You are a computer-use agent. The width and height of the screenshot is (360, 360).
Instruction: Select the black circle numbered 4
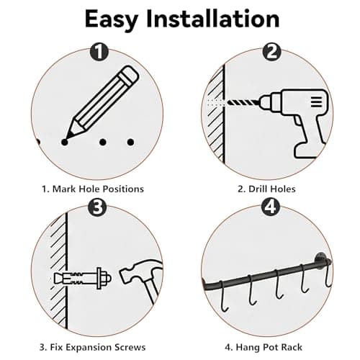tap(270, 210)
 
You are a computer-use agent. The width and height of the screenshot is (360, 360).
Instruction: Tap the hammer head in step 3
tap(133, 274)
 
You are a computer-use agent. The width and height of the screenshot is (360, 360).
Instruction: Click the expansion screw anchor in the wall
tap(79, 277)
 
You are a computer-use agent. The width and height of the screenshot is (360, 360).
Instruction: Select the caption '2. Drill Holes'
tap(268, 189)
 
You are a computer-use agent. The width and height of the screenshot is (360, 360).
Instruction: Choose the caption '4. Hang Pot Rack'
tap(268, 346)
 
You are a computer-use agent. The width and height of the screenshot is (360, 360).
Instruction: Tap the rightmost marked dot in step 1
tap(130, 142)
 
